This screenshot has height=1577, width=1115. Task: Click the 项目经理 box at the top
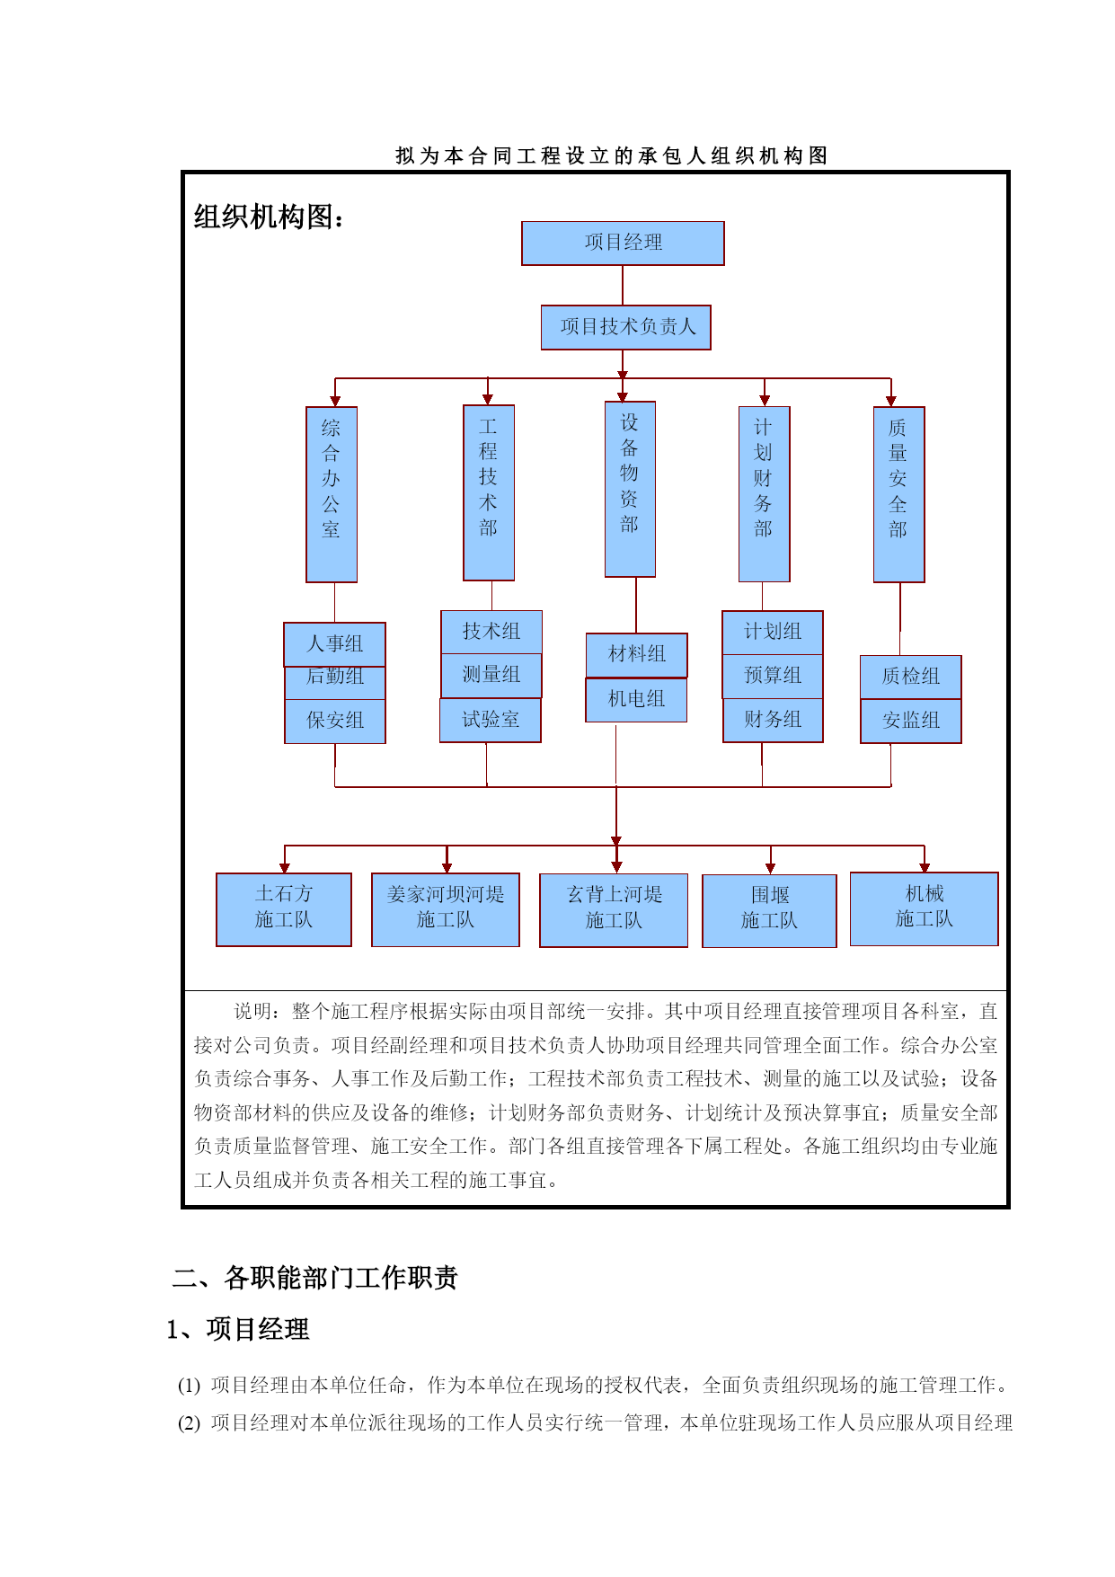[x=623, y=243]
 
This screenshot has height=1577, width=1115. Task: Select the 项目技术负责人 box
[x=625, y=327]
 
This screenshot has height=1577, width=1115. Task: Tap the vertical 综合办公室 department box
[x=332, y=494]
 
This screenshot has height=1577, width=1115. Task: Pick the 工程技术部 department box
[x=489, y=492]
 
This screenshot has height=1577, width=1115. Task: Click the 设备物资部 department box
[x=630, y=489]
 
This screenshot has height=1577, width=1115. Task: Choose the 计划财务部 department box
[x=764, y=494]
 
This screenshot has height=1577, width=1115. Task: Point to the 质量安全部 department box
[x=898, y=494]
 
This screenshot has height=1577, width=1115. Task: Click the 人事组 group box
[x=335, y=644]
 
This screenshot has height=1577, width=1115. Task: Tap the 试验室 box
[x=491, y=721]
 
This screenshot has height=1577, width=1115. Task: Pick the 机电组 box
[x=636, y=700]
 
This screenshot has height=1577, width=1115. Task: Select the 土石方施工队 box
[x=284, y=909]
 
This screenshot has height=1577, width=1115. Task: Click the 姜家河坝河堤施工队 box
[x=446, y=909]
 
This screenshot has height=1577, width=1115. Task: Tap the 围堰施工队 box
[x=769, y=910]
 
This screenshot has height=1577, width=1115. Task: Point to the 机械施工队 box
[x=924, y=908]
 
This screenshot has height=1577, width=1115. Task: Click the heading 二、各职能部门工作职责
[x=314, y=1278]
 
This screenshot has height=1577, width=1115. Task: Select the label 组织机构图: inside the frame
[x=269, y=217]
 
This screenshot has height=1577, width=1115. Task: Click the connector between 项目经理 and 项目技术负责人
[x=623, y=286]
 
